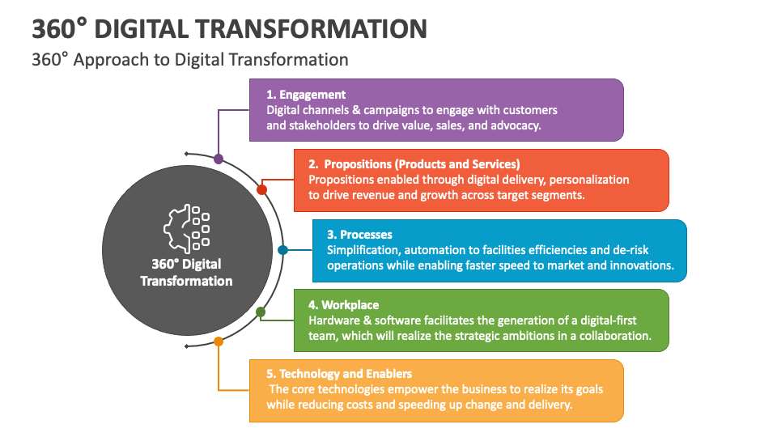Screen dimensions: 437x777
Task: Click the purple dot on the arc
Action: click(219, 159)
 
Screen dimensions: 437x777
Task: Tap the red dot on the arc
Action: click(261, 189)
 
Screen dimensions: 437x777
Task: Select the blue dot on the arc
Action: click(282, 251)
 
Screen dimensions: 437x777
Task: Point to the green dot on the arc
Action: click(261, 312)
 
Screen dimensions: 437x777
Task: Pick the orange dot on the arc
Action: click(219, 342)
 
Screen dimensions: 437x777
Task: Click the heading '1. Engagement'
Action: click(306, 95)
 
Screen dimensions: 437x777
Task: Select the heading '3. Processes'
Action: click(359, 235)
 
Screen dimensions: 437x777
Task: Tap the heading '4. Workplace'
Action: click(343, 305)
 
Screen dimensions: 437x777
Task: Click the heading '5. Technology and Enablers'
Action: click(339, 374)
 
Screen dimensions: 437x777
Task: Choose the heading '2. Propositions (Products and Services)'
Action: click(414, 163)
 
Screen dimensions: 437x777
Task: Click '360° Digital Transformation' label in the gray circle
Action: click(186, 272)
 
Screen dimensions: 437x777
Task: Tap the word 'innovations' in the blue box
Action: click(640, 265)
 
